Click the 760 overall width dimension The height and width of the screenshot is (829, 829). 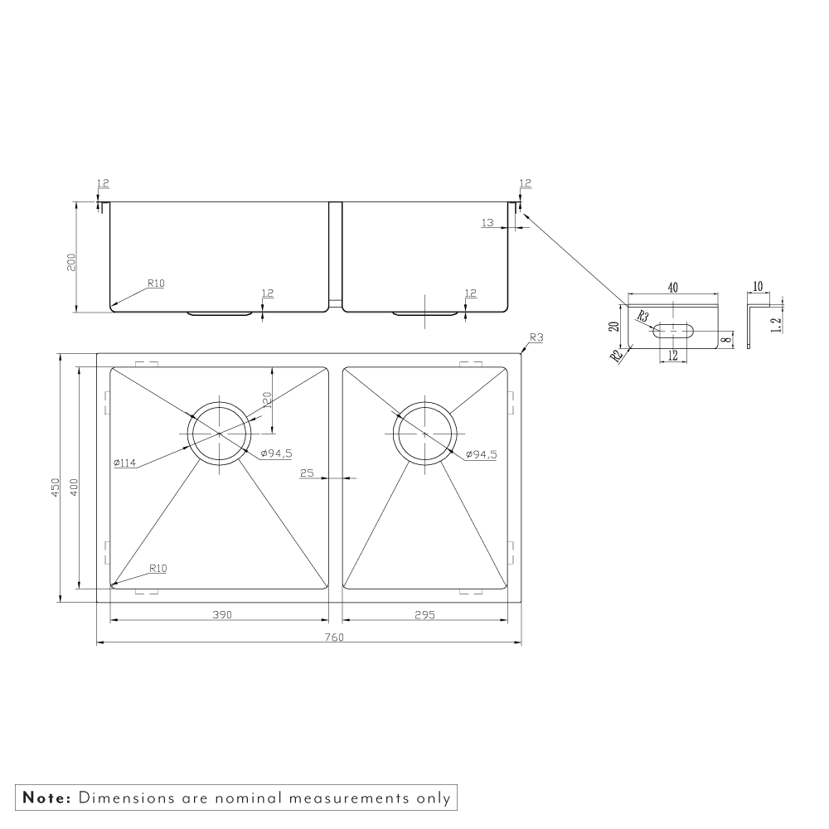coord(335,637)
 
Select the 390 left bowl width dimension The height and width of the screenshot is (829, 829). coord(222,614)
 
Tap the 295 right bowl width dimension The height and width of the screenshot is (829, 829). coord(425,614)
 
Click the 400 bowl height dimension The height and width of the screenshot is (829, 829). coord(74,487)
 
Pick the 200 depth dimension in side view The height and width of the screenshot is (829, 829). coord(71,262)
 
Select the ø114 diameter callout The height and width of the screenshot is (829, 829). coord(125,463)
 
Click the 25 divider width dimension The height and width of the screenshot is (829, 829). coord(307,473)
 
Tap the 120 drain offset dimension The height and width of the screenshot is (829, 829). coord(266,401)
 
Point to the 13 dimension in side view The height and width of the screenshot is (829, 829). coord(487,222)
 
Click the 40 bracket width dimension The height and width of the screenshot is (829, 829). coord(672,288)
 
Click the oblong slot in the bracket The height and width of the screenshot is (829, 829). coord(672,331)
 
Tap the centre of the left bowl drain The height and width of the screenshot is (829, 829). coord(219,434)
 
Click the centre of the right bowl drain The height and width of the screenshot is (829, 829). coord(425,434)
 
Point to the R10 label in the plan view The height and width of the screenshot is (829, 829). coord(158,569)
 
